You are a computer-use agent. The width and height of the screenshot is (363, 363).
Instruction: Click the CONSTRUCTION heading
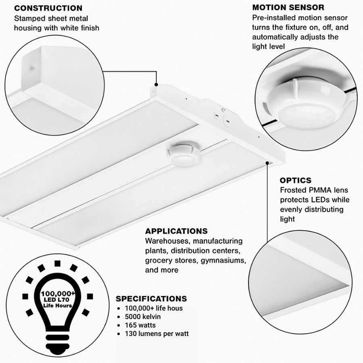coord(48,8)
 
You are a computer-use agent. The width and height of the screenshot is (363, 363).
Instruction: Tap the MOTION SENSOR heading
coord(288,8)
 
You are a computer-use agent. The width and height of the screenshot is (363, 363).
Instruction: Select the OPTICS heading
coord(296,180)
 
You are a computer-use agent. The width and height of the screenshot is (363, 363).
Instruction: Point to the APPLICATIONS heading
coord(176,231)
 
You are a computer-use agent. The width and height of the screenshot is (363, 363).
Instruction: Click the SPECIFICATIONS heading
coord(151,299)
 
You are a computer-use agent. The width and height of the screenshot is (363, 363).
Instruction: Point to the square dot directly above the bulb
coord(57,263)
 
